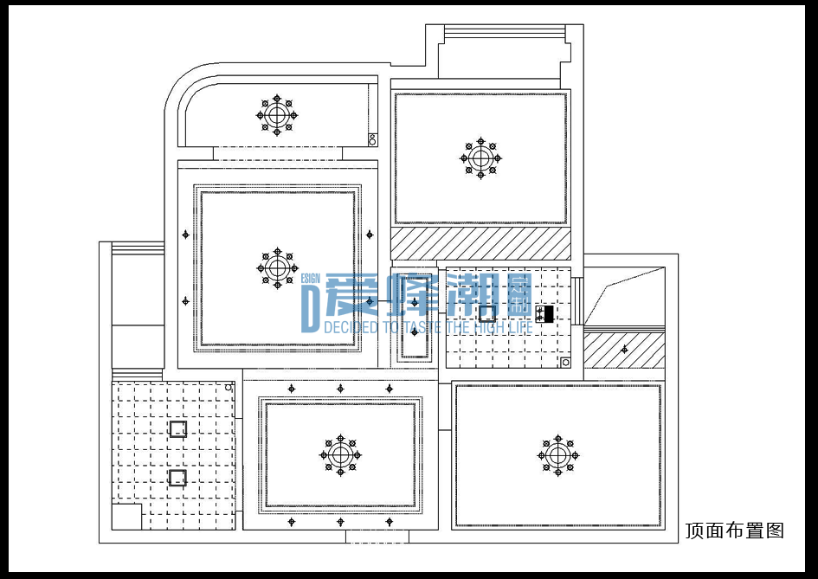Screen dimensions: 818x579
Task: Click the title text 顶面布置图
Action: pyautogui.click(x=735, y=531)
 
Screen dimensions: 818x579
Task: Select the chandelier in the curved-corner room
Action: pyautogui.click(x=277, y=115)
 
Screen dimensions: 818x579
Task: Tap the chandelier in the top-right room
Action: pyautogui.click(x=480, y=158)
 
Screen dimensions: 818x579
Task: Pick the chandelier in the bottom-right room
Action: pyautogui.click(x=557, y=455)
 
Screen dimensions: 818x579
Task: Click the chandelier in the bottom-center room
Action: pyautogui.click(x=340, y=455)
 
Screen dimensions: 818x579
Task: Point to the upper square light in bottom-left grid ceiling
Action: pyautogui.click(x=178, y=428)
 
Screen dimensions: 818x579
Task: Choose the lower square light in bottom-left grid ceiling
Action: pyautogui.click(x=177, y=478)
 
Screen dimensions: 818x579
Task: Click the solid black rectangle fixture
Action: pyautogui.click(x=548, y=314)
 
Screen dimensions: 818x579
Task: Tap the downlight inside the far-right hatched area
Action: pyautogui.click(x=624, y=350)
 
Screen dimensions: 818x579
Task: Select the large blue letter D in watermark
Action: pyautogui.click(x=310, y=309)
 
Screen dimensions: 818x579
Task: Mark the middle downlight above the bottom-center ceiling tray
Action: pyautogui.click(x=340, y=389)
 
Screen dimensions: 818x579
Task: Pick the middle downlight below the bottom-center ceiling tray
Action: pyautogui.click(x=340, y=522)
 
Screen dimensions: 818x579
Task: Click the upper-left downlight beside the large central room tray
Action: pyautogui.click(x=186, y=235)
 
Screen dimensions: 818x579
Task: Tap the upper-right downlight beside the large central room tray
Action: pyautogui.click(x=370, y=235)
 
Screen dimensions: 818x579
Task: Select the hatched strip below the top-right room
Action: pyautogui.click(x=480, y=243)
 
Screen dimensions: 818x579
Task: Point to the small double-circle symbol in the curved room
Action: pyautogui.click(x=372, y=139)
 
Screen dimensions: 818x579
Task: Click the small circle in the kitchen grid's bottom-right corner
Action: pyautogui.click(x=565, y=362)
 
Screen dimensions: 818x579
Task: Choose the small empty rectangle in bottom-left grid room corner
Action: pyautogui.click(x=126, y=517)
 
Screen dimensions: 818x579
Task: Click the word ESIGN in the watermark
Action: pyautogui.click(x=311, y=279)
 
